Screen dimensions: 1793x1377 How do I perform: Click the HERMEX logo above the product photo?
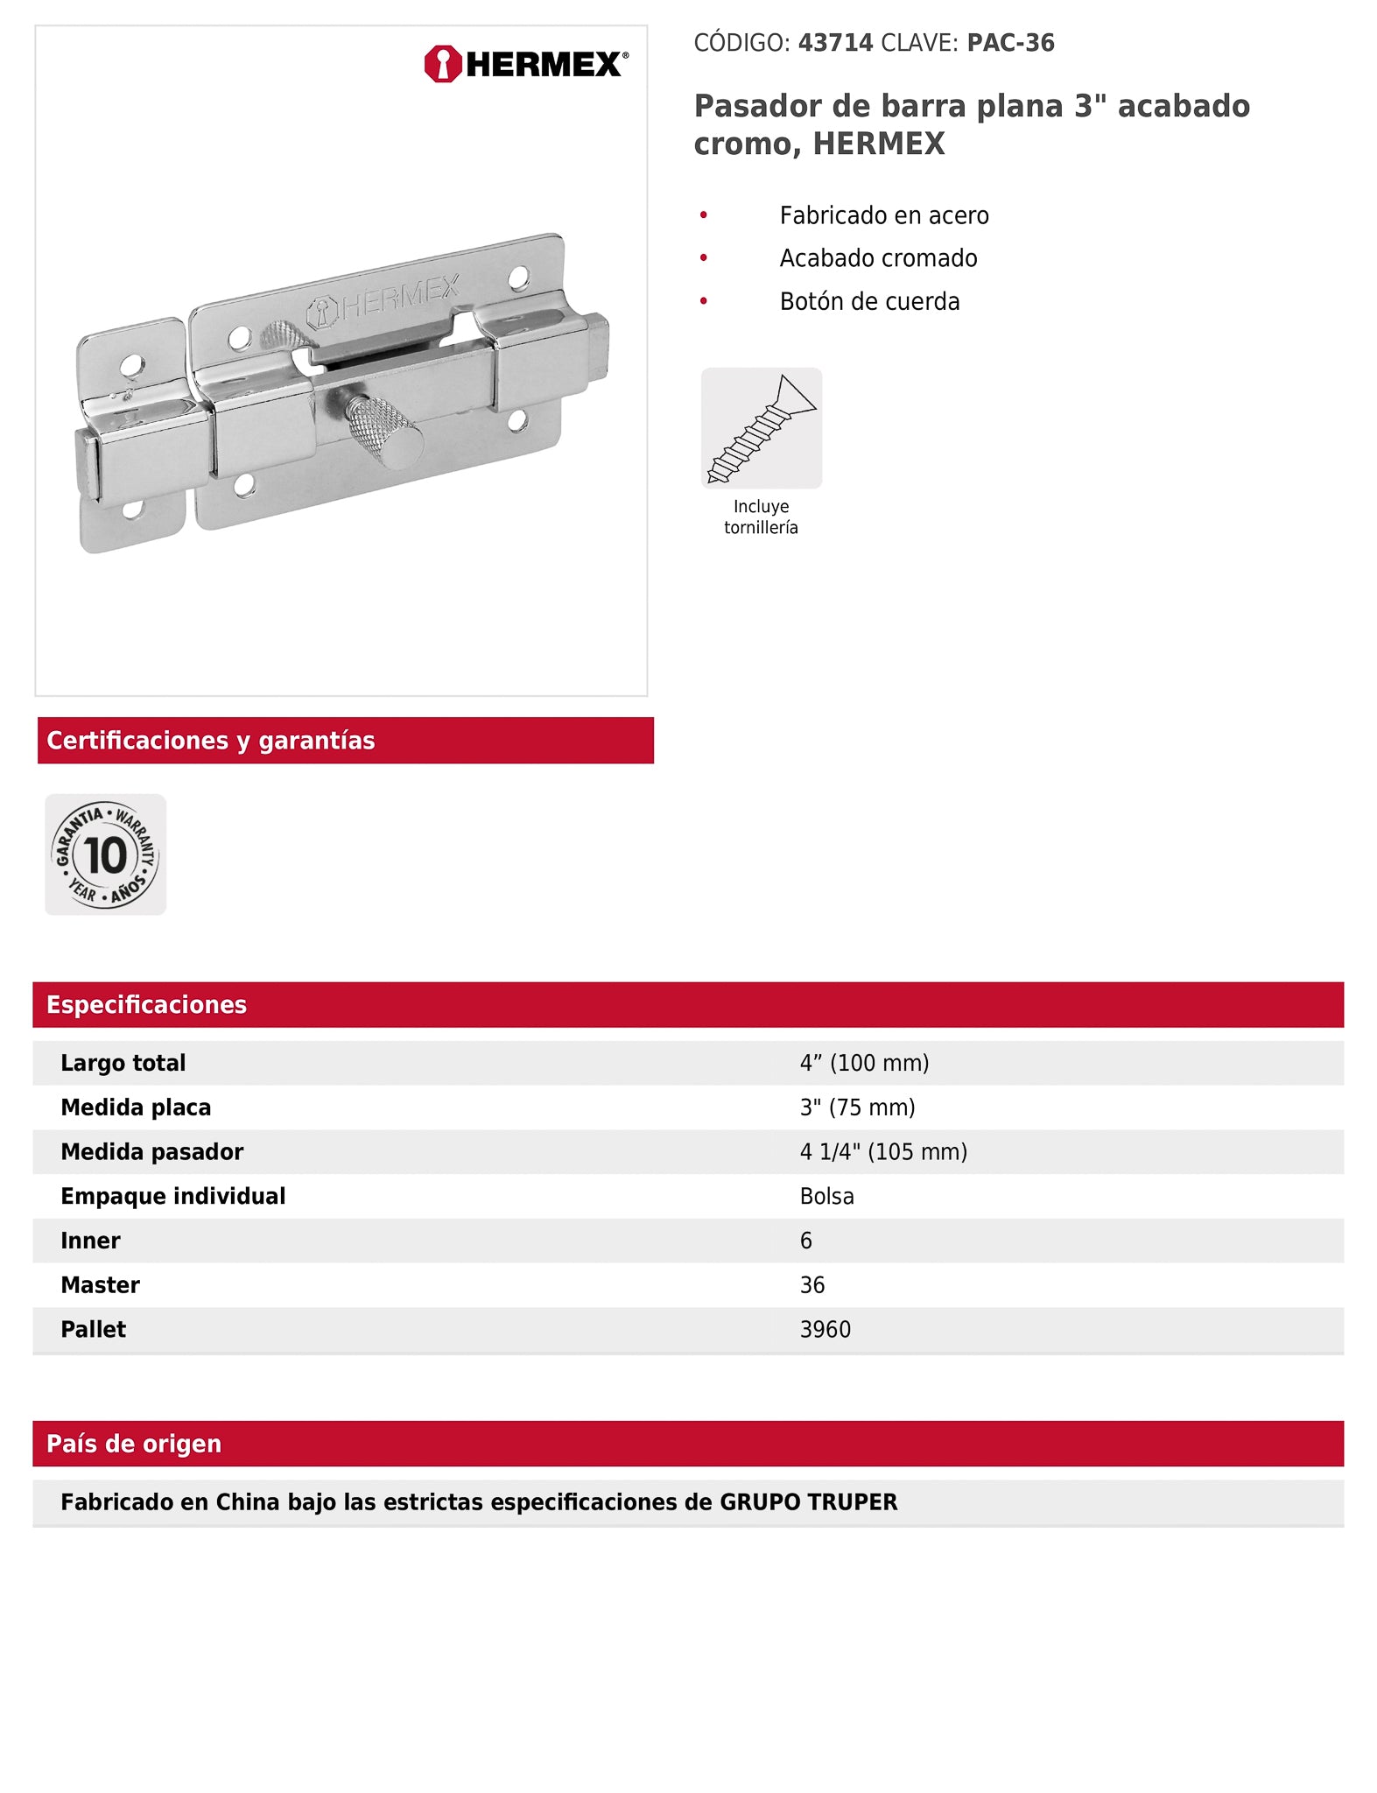[525, 64]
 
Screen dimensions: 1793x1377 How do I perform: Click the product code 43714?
[835, 43]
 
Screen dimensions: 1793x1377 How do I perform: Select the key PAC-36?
[1010, 43]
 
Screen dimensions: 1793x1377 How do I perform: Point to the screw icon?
[761, 428]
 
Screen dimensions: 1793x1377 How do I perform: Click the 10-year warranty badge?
[105, 854]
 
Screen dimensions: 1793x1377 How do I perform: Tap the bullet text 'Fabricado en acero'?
[884, 215]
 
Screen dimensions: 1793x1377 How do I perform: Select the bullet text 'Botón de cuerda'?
[869, 301]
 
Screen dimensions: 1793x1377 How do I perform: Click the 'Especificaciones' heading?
[146, 1004]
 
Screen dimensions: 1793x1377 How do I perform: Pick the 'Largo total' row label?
[123, 1063]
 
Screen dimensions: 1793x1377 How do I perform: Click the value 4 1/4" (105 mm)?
[883, 1151]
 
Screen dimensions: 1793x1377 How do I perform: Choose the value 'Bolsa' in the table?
[826, 1196]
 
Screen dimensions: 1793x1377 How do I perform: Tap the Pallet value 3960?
[825, 1329]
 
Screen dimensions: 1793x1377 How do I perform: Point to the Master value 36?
[811, 1284]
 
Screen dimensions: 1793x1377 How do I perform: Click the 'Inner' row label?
[90, 1241]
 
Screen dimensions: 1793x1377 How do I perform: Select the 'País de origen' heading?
[133, 1444]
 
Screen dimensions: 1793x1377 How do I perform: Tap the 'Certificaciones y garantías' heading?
[210, 741]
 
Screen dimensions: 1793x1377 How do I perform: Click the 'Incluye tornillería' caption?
[761, 517]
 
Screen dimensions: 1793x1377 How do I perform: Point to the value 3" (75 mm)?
[857, 1107]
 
